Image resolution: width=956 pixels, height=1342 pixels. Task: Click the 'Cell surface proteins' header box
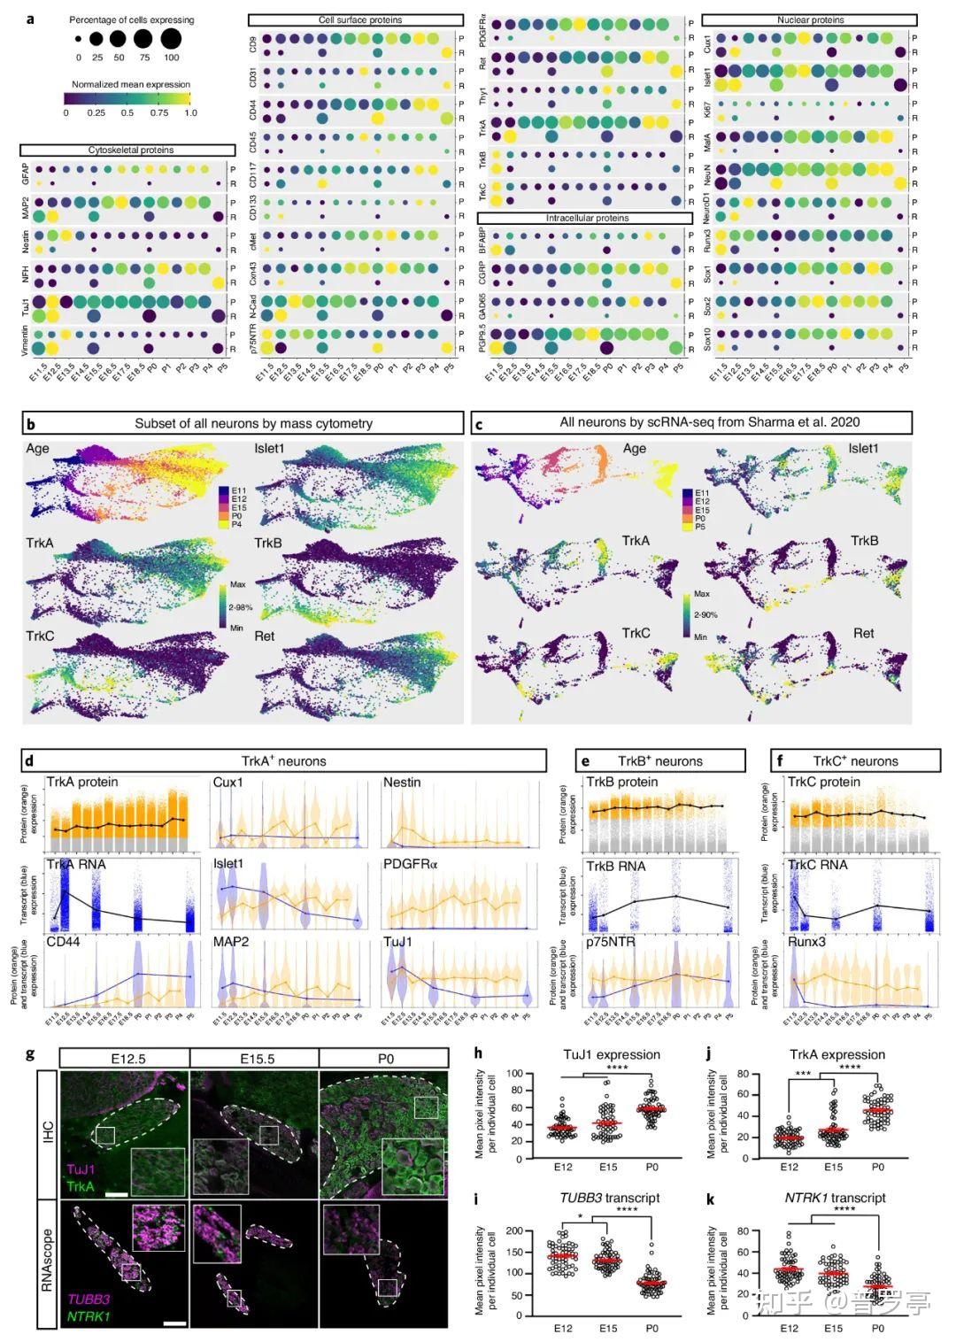coord(355,19)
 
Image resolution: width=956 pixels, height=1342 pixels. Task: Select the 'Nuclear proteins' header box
coord(809,19)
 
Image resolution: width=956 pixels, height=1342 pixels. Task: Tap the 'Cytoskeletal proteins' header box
coord(130,150)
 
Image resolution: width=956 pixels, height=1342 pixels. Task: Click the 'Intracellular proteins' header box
coord(584,218)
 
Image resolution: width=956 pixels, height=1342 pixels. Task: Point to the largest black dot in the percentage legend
coord(171,39)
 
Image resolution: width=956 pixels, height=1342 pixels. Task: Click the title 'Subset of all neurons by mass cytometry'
coord(253,423)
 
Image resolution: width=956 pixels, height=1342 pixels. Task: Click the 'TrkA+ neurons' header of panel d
coord(283,760)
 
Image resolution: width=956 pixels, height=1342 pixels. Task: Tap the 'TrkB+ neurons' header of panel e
coord(659,760)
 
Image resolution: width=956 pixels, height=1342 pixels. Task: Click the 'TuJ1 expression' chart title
coord(612,1054)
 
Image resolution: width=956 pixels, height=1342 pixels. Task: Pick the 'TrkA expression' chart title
coord(836,1054)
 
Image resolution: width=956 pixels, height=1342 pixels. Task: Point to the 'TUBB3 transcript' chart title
coord(609,1198)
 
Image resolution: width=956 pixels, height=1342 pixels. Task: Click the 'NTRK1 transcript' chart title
coord(835,1198)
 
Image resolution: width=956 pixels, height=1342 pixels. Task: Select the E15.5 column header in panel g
coord(255,1058)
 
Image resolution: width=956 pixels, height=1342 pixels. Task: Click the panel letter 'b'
coord(30,423)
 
